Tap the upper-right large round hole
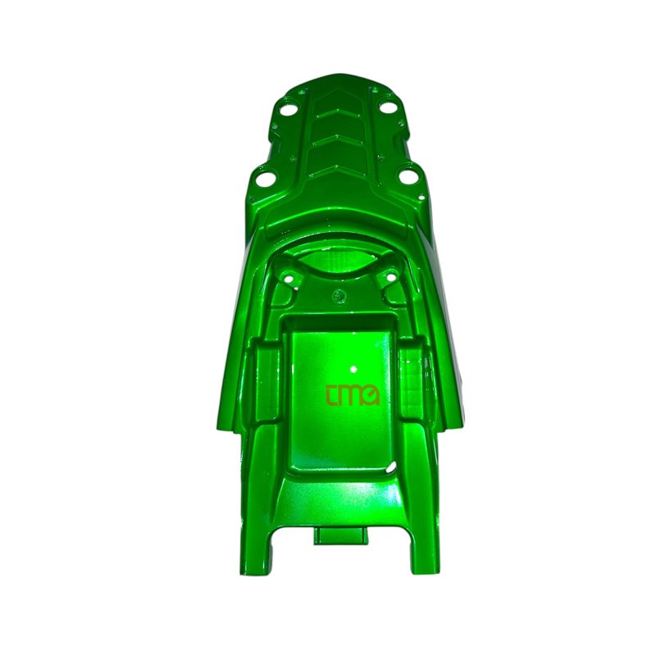pos(388,107)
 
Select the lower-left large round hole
pos(262,180)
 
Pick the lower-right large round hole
pos(406,176)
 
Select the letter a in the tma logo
pos(371,397)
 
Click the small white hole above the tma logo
pos(354,370)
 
